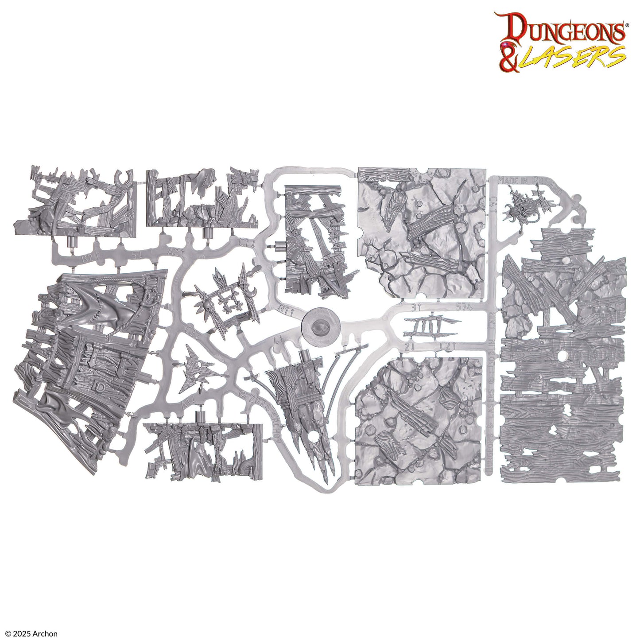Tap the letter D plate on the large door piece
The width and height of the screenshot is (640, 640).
pyautogui.click(x=100, y=387)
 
